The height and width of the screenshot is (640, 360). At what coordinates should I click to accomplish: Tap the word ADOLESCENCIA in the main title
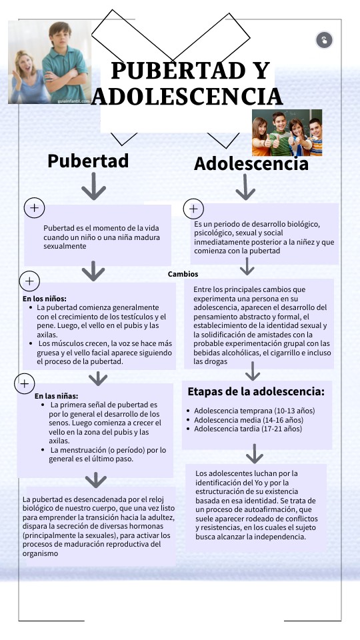tap(187, 96)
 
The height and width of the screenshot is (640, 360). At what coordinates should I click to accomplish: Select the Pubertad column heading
tap(88, 161)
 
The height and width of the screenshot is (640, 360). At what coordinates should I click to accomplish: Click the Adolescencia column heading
tap(251, 164)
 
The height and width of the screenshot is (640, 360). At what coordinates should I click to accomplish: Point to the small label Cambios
tap(183, 274)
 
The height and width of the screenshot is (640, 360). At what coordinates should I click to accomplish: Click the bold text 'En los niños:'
tap(45, 299)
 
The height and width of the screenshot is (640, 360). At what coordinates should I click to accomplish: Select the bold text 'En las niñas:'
tap(57, 395)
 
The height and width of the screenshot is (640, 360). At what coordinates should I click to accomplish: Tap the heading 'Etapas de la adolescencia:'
tap(256, 391)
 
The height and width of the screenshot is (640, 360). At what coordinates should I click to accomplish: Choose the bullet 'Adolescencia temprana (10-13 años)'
tap(254, 411)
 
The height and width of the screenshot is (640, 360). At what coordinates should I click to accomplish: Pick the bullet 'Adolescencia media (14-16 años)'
tap(248, 420)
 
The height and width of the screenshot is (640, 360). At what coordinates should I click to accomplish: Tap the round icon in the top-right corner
tap(324, 40)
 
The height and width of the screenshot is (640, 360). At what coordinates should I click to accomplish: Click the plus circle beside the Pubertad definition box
tap(34, 208)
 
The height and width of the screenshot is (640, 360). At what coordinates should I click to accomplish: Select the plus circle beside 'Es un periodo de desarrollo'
tap(193, 209)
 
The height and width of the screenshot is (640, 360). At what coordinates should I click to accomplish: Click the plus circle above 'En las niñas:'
tap(25, 383)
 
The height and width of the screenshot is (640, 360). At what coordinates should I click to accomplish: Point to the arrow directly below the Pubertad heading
tap(93, 189)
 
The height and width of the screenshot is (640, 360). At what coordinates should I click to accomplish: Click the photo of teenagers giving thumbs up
tap(287, 133)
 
